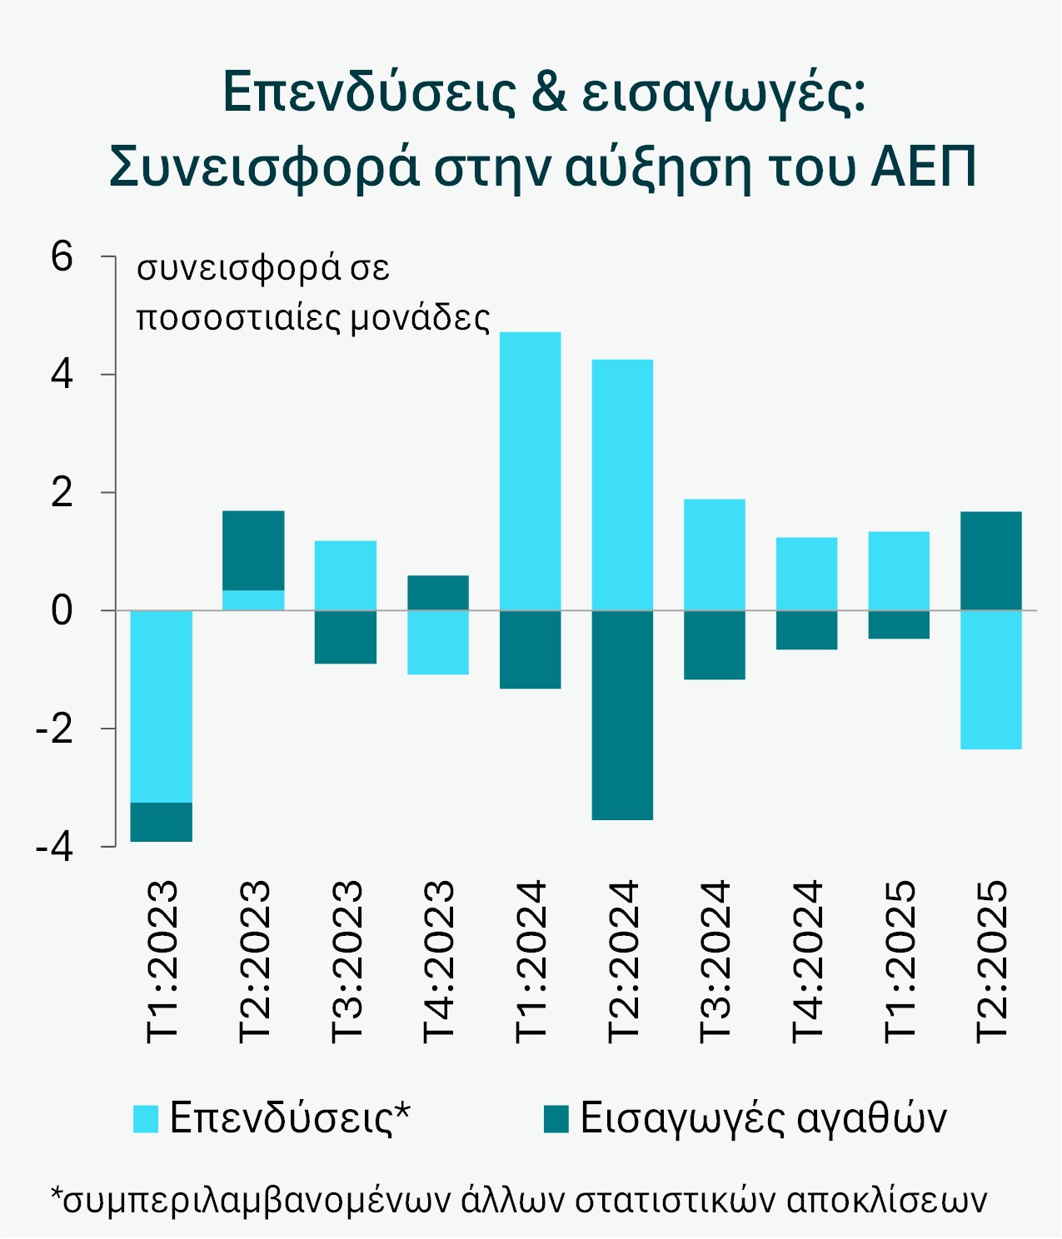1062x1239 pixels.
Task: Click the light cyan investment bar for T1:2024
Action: (530, 470)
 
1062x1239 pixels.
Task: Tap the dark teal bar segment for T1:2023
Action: (162, 822)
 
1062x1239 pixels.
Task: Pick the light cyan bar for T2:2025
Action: (991, 679)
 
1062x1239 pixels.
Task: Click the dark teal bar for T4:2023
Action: (438, 593)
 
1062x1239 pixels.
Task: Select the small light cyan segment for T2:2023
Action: (253, 600)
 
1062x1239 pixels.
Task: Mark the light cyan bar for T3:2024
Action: (715, 555)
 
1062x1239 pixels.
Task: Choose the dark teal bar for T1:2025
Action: (899, 624)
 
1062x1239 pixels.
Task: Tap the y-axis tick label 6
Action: (62, 256)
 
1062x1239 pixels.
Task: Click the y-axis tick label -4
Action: (54, 847)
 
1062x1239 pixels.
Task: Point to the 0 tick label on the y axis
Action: (62, 611)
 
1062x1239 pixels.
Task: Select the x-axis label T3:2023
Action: (347, 961)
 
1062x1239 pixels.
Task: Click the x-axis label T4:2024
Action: (806, 961)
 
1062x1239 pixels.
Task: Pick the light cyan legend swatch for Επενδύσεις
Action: (146, 1118)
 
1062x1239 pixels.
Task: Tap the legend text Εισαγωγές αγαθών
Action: (763, 1117)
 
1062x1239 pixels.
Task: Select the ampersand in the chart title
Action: (548, 91)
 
